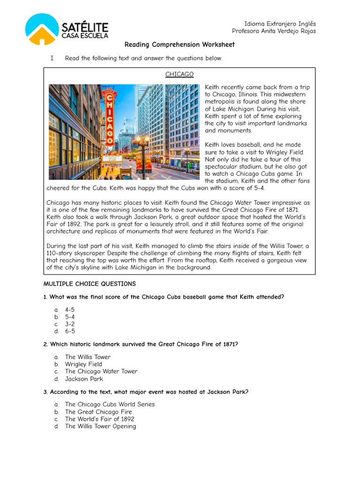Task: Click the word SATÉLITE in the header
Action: (84, 27)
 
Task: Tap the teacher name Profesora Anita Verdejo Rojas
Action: (274, 31)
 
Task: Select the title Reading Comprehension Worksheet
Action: (180, 45)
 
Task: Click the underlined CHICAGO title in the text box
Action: (179, 75)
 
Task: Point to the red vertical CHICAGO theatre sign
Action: (109, 117)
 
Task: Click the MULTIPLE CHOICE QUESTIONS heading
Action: (90, 284)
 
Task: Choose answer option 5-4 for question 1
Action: (70, 317)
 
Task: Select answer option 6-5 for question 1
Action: (70, 331)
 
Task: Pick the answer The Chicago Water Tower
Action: (101, 371)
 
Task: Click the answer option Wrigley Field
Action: (83, 364)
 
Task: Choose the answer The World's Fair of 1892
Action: (99, 419)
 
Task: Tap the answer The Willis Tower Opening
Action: (100, 426)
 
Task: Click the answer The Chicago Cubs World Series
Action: (110, 405)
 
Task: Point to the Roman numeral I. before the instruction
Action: (53, 59)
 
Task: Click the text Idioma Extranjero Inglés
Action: (280, 24)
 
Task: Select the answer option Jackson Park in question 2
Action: (84, 379)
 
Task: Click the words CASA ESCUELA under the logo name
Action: (85, 36)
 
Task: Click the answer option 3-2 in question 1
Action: (70, 324)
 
